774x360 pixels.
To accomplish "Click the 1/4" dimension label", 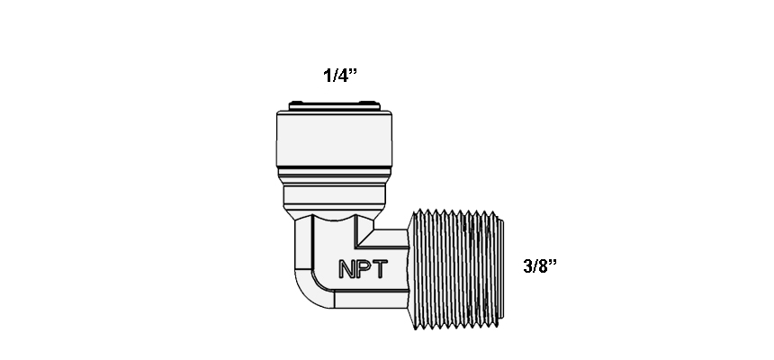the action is pyautogui.click(x=340, y=76).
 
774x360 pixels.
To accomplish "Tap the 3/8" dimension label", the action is pyautogui.click(x=540, y=266).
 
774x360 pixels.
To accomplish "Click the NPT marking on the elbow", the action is pyautogui.click(x=364, y=269).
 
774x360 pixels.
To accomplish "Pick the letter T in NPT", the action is pyautogui.click(x=380, y=269).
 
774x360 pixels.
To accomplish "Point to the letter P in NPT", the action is pyautogui.click(x=364, y=269).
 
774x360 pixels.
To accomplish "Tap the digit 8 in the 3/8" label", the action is pyautogui.click(x=542, y=266).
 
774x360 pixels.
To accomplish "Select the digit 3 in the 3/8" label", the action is pyautogui.click(x=527, y=266).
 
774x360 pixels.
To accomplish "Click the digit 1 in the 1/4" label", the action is pyautogui.click(x=328, y=76).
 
